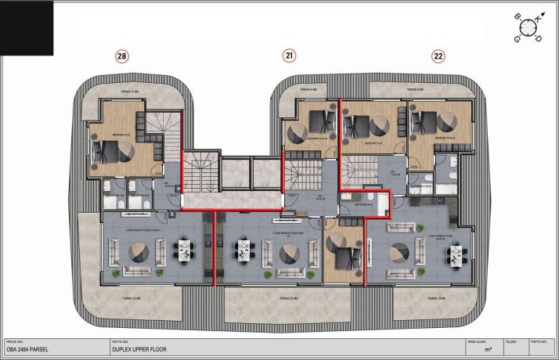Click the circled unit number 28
tap(121, 56)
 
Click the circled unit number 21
tap(290, 56)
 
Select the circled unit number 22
tap(438, 56)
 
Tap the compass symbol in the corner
tap(527, 28)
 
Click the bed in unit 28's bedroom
tap(104, 151)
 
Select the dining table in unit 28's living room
tap(186, 251)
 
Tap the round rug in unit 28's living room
tap(141, 250)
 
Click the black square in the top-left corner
tap(26, 27)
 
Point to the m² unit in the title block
tap(488, 350)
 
